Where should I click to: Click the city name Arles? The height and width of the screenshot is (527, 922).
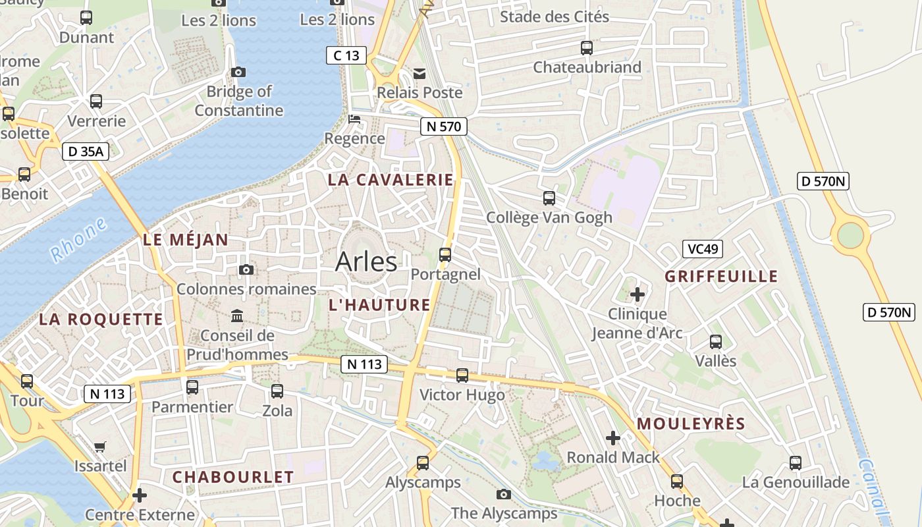pyautogui.click(x=366, y=262)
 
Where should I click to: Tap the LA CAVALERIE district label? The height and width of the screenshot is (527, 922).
pyautogui.click(x=391, y=180)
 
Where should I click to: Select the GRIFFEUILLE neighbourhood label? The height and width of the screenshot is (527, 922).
pyautogui.click(x=721, y=276)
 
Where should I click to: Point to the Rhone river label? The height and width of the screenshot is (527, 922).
pyautogui.click(x=78, y=240)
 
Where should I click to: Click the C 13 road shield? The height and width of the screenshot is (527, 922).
pyautogui.click(x=346, y=55)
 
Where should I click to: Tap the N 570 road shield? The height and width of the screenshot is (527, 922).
pyautogui.click(x=444, y=126)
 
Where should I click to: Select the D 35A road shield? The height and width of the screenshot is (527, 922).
pyautogui.click(x=86, y=152)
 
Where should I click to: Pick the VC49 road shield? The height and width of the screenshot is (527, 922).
pyautogui.click(x=703, y=249)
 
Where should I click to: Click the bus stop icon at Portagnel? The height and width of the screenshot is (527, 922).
pyautogui.click(x=445, y=254)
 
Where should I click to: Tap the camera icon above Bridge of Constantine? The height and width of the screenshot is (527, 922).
pyautogui.click(x=238, y=72)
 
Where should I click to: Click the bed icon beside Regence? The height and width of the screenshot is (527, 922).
pyautogui.click(x=354, y=119)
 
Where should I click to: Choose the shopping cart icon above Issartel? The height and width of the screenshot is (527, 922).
pyautogui.click(x=100, y=447)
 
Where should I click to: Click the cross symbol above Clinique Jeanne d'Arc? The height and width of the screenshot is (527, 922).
pyautogui.click(x=637, y=294)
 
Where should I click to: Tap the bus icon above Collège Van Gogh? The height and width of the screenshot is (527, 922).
pyautogui.click(x=549, y=198)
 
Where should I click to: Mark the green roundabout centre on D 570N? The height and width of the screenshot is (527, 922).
pyautogui.click(x=850, y=235)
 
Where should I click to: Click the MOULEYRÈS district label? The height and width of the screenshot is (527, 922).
pyautogui.click(x=691, y=424)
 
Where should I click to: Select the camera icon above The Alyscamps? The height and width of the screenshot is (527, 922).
pyautogui.click(x=504, y=494)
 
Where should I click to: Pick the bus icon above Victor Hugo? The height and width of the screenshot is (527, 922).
pyautogui.click(x=462, y=375)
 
